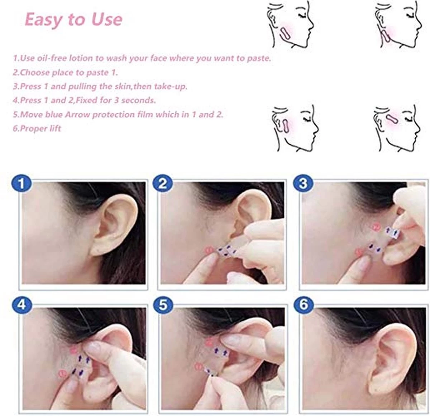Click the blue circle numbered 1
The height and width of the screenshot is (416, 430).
22,184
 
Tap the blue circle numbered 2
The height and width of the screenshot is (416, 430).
163,184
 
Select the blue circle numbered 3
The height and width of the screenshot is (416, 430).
303,184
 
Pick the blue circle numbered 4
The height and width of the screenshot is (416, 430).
22,305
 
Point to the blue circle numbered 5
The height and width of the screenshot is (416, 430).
163,305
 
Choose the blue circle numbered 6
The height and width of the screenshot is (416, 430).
303,305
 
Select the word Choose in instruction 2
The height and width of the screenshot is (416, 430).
35,72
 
